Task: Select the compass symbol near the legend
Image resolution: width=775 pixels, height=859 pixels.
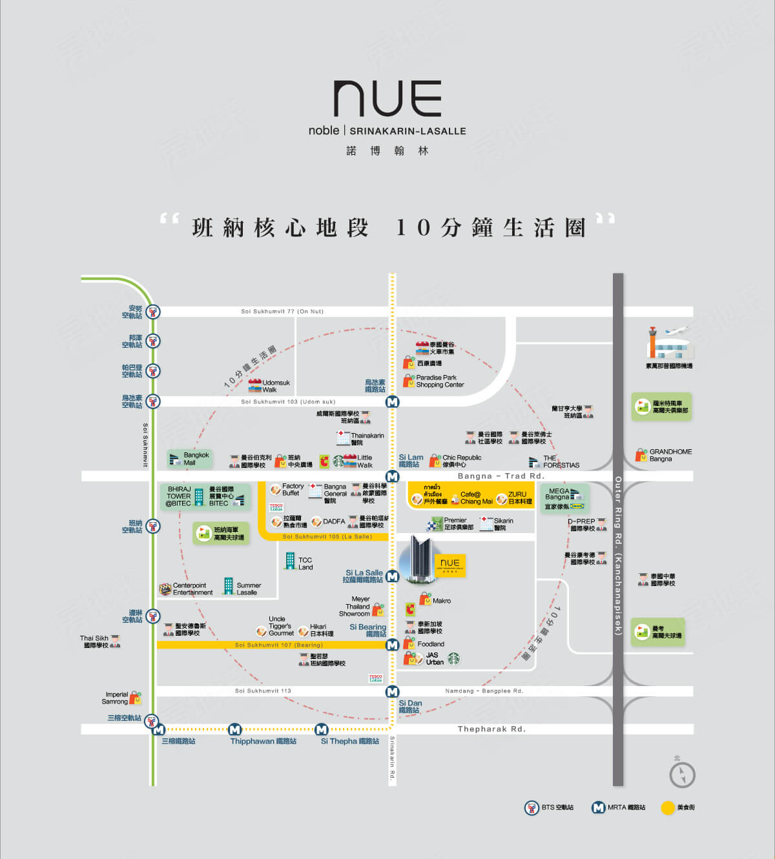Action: click(x=682, y=775)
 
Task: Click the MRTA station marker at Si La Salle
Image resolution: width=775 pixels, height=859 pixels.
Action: click(x=392, y=576)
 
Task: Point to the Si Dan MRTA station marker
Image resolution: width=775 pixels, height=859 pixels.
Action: click(x=392, y=692)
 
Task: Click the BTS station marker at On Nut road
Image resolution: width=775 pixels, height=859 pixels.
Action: click(x=152, y=312)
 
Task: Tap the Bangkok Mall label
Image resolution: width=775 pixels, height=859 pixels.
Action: click(x=196, y=459)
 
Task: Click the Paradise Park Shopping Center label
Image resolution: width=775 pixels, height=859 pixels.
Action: click(x=439, y=381)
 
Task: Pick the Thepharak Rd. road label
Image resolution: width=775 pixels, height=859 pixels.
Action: click(x=491, y=729)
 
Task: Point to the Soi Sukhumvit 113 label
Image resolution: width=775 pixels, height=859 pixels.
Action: click(x=263, y=691)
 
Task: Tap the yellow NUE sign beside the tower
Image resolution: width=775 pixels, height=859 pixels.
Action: click(x=449, y=565)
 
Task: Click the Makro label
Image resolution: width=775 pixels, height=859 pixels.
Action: click(x=441, y=601)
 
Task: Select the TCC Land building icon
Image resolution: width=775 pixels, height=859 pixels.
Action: click(x=290, y=561)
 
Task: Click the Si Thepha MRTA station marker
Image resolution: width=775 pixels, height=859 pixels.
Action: click(x=321, y=729)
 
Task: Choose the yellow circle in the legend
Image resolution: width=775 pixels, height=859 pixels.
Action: click(x=668, y=807)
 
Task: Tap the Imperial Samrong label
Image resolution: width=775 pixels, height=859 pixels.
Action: click(x=116, y=698)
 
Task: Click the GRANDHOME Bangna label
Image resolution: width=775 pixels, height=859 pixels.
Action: click(x=670, y=456)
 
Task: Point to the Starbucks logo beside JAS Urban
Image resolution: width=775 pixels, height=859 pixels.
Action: click(x=454, y=659)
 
